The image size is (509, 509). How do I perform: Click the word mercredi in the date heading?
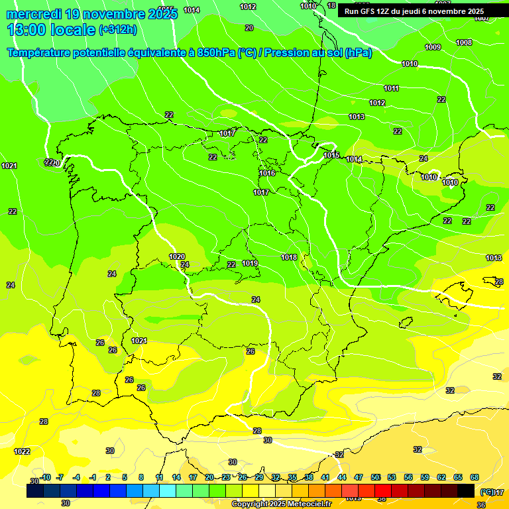tap(32, 14)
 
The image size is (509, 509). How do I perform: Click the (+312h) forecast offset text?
tap(117, 29)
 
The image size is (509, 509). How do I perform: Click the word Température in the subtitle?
tap(47, 53)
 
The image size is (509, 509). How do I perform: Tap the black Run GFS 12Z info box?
tap(414, 11)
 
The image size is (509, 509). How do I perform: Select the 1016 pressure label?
tap(267, 173)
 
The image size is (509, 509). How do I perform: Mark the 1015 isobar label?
tap(332, 155)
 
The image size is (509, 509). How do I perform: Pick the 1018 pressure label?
tap(289, 257)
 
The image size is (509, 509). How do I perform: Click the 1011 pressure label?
tap(392, 88)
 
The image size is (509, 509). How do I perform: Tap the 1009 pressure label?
tap(433, 47)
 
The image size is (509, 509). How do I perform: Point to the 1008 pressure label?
tap(464, 42)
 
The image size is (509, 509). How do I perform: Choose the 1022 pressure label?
tap(23, 451)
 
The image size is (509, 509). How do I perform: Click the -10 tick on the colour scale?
tap(45, 477)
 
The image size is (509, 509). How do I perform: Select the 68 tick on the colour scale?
tap(475, 477)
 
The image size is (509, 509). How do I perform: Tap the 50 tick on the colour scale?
tap(375, 477)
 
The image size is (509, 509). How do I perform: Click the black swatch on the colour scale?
tap(466, 490)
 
